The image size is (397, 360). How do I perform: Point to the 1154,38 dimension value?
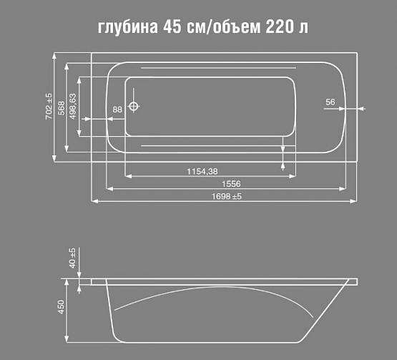(x=202, y=171)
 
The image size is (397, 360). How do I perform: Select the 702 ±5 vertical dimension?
(x=49, y=106)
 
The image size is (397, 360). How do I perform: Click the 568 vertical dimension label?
(x=62, y=107)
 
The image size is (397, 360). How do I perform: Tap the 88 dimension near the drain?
(x=117, y=109)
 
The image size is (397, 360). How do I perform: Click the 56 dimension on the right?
(x=330, y=102)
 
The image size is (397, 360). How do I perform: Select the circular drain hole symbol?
(x=134, y=107)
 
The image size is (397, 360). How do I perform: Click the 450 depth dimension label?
(x=62, y=308)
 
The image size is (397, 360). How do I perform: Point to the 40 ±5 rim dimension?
(x=72, y=258)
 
